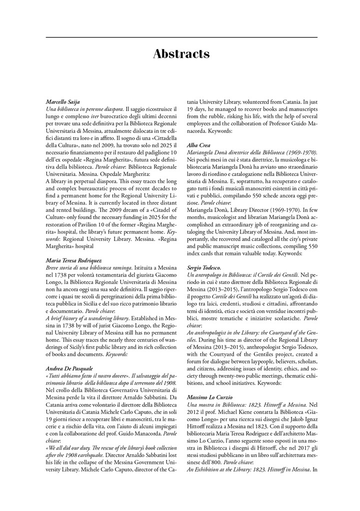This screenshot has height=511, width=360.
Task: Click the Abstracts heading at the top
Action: click(x=181, y=54)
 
